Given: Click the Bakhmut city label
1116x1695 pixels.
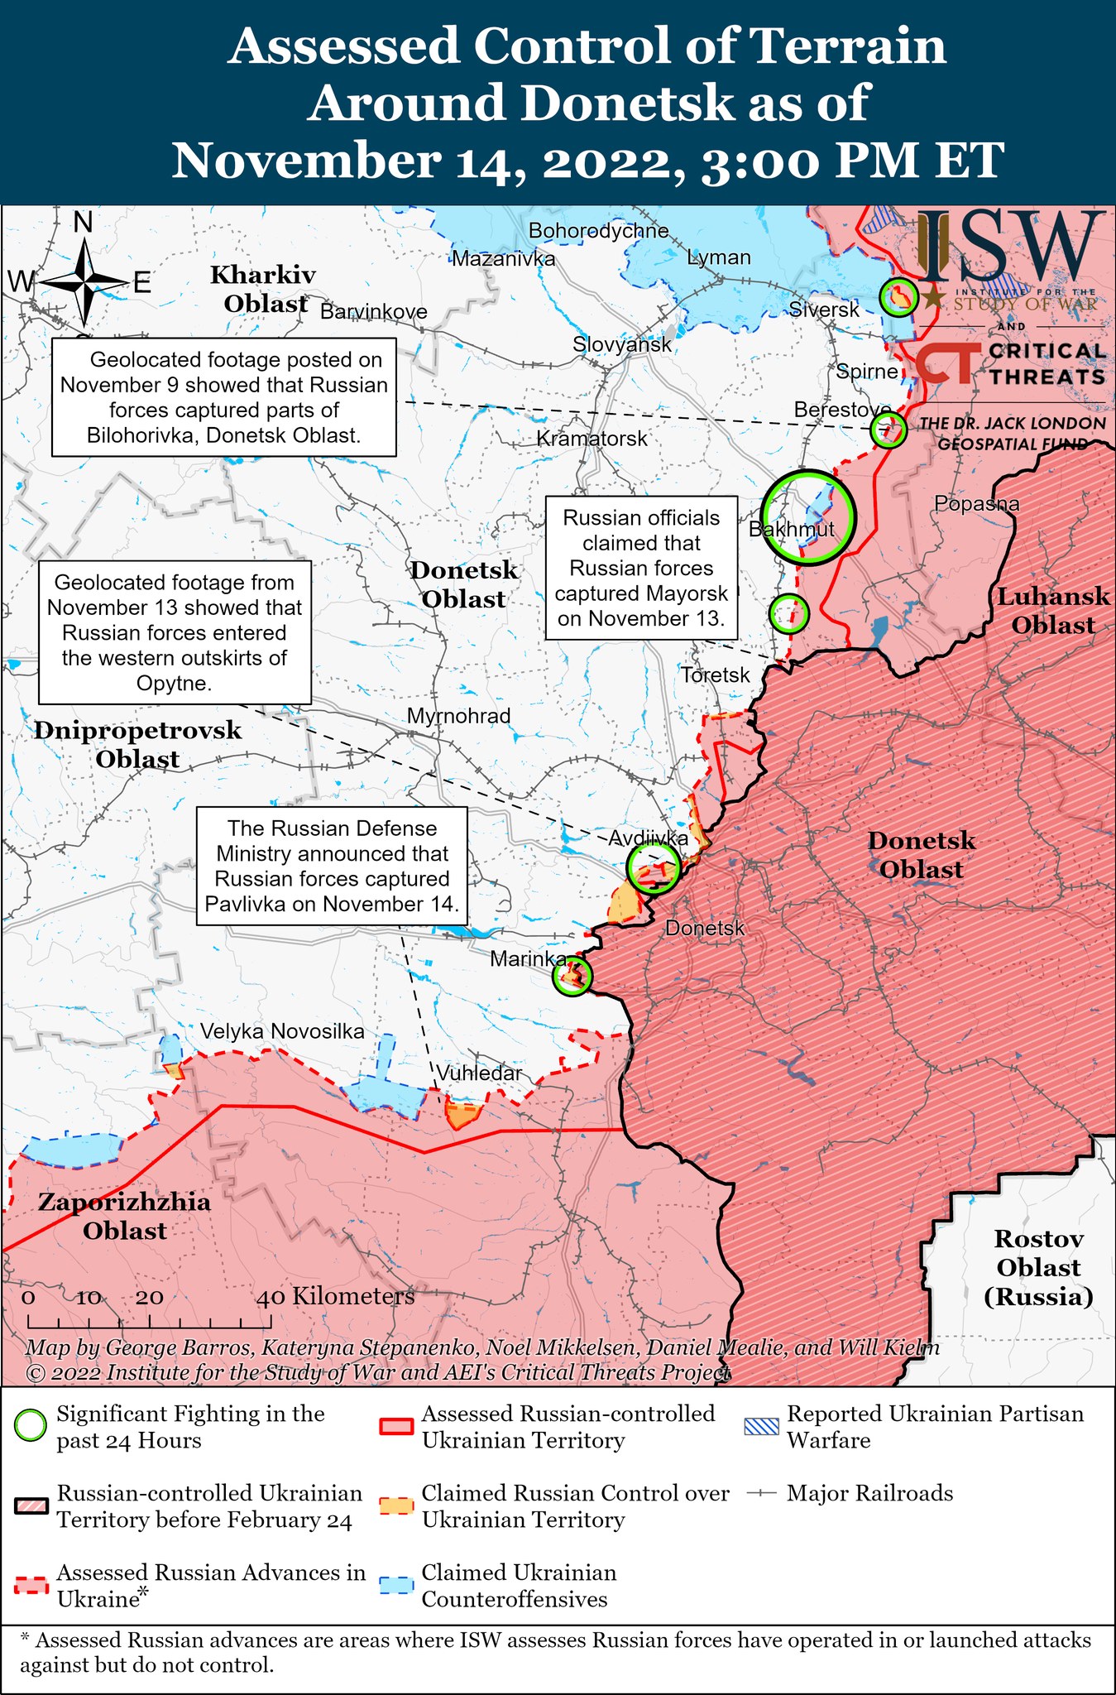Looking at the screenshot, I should pyautogui.click(x=791, y=530).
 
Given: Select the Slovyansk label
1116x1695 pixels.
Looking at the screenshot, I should pyautogui.click(x=622, y=344).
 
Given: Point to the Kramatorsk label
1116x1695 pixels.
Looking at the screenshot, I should pyautogui.click(x=592, y=439).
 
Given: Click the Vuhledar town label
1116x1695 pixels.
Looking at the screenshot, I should pyautogui.click(x=479, y=1073).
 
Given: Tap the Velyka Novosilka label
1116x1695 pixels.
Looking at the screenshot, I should pyautogui.click(x=282, y=1031).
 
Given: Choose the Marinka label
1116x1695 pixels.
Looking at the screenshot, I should pyautogui.click(x=527, y=959).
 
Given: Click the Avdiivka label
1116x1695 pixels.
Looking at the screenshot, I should pyautogui.click(x=648, y=838).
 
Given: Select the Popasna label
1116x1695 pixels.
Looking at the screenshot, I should pyautogui.click(x=976, y=503).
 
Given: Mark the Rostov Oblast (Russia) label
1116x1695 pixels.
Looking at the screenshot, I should pyautogui.click(x=1037, y=1267).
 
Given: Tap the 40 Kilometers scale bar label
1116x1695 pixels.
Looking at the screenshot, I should pyautogui.click(x=335, y=1296).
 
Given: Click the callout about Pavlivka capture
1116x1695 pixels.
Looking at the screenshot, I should pyautogui.click(x=332, y=867).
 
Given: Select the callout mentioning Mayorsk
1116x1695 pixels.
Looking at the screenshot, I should pyautogui.click(x=641, y=568).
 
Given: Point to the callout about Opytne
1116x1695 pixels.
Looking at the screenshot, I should pyautogui.click(x=175, y=632).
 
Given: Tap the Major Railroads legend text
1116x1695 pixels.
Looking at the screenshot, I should pyautogui.click(x=869, y=1493).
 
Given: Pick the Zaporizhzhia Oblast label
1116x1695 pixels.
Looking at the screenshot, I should pyautogui.click(x=124, y=1216).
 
